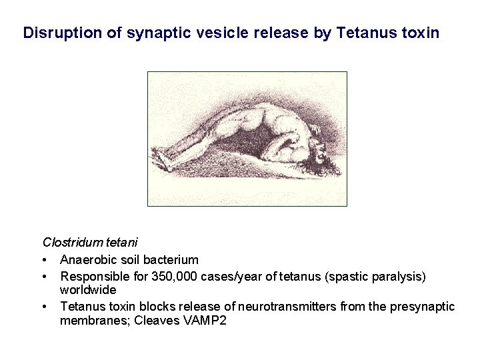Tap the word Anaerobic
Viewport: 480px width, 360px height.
pyautogui.click(x=87, y=259)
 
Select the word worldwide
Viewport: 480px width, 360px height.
pyautogui.click(x=88, y=290)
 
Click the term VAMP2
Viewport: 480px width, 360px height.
pyautogui.click(x=203, y=322)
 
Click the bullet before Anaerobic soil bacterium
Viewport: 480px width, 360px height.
pyautogui.click(x=44, y=259)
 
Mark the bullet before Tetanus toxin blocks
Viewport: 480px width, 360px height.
pyautogui.click(x=44, y=307)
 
